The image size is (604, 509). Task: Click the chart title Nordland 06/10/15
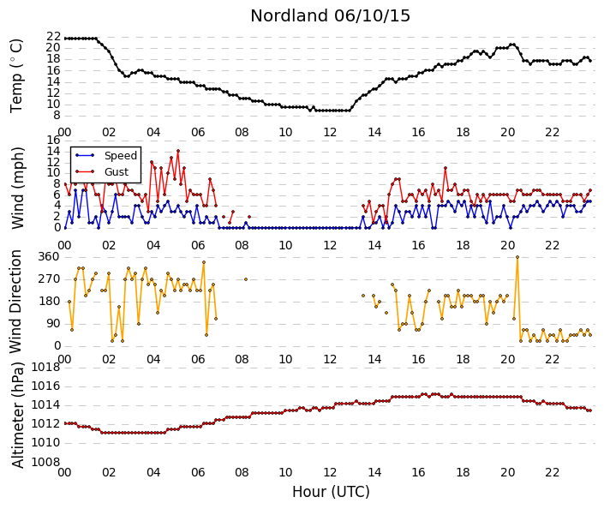[330, 15]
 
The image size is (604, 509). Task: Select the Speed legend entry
[121, 156]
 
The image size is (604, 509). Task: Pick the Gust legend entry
[117, 172]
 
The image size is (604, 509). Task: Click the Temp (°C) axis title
[16, 76]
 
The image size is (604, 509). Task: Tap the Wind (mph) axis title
[17, 188]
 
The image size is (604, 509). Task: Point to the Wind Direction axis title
[15, 302]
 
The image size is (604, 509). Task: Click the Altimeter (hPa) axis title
[17, 415]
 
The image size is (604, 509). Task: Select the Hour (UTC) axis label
[331, 492]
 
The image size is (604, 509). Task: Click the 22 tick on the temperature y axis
[53, 37]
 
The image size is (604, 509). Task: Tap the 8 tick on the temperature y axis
[57, 115]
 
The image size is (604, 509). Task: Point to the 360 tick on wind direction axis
[50, 257]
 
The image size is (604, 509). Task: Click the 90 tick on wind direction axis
[53, 323]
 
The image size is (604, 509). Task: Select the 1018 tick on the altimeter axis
[46, 368]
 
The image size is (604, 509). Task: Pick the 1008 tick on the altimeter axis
[46, 462]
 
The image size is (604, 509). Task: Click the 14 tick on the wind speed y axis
[53, 151]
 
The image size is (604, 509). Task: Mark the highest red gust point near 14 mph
[178, 151]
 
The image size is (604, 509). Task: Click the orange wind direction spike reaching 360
[517, 257]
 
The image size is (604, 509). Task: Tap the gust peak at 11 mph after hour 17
[446, 168]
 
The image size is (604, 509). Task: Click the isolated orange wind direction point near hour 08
[246, 279]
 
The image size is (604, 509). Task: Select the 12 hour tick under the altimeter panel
[330, 472]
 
